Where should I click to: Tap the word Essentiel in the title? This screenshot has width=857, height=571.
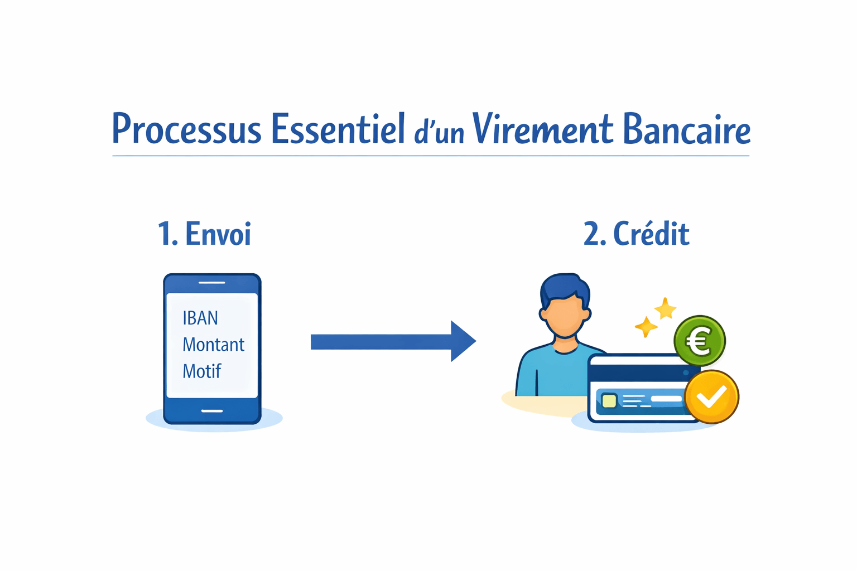click(x=338, y=129)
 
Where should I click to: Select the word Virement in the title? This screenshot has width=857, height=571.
click(x=542, y=129)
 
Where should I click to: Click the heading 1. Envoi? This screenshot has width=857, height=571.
click(x=204, y=234)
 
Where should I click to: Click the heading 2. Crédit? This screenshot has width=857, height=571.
click(x=636, y=234)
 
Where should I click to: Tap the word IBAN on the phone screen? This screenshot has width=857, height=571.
click(x=200, y=318)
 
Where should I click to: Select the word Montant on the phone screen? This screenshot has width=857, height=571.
click(x=213, y=345)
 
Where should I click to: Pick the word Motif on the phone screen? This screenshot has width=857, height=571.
click(x=202, y=371)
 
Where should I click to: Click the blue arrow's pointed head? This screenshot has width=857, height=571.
click(x=463, y=341)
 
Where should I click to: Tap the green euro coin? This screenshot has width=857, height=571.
click(x=700, y=341)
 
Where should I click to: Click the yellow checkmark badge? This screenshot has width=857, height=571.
click(x=711, y=397)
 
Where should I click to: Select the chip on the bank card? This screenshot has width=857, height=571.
click(x=609, y=400)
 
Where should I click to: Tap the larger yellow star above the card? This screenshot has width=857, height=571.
click(x=665, y=308)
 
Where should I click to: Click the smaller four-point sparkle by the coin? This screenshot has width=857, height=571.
click(x=646, y=327)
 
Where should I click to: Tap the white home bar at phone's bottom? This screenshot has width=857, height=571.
click(x=212, y=411)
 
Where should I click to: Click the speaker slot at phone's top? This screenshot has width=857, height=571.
click(x=212, y=283)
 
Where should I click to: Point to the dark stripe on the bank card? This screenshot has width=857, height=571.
click(x=636, y=372)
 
